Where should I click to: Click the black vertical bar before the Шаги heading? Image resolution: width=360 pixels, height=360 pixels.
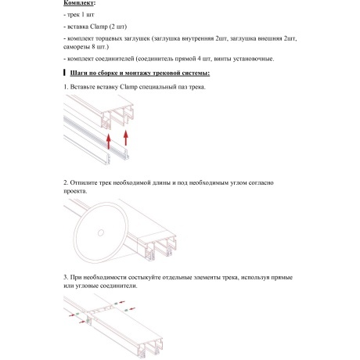[63, 74]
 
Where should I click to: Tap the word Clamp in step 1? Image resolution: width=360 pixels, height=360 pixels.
[139, 88]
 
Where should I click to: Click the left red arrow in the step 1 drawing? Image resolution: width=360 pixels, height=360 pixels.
[106, 141]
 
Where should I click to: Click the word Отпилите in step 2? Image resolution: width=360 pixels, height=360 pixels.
[87, 182]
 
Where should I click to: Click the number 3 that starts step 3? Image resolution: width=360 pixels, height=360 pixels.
[65, 277]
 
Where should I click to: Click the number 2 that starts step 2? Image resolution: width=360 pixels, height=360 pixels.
[65, 182]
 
